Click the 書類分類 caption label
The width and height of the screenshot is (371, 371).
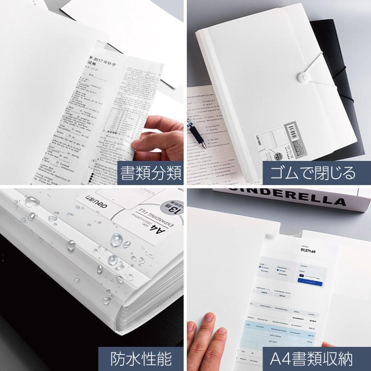(150, 174)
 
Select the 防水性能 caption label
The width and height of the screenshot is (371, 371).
(141, 359)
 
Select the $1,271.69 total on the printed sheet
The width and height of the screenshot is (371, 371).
(308, 251)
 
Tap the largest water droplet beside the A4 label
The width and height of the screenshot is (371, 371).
(117, 240)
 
